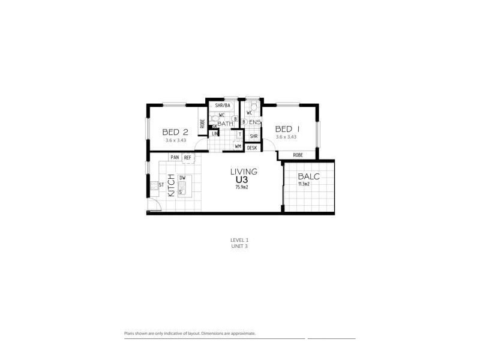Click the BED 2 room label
click(176, 133)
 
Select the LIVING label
click(244, 172)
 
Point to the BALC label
click(308, 176)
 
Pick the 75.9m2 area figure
click(241, 187)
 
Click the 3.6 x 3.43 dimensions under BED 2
click(176, 140)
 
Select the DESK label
click(252, 147)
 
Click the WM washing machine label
click(238, 146)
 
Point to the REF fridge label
click(188, 157)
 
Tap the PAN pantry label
click(175, 157)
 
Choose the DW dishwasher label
click(182, 178)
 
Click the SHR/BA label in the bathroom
click(223, 106)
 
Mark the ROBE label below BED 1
click(298, 155)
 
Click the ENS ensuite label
click(255, 123)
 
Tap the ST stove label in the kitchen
click(161, 185)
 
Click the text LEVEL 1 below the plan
click(239, 240)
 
